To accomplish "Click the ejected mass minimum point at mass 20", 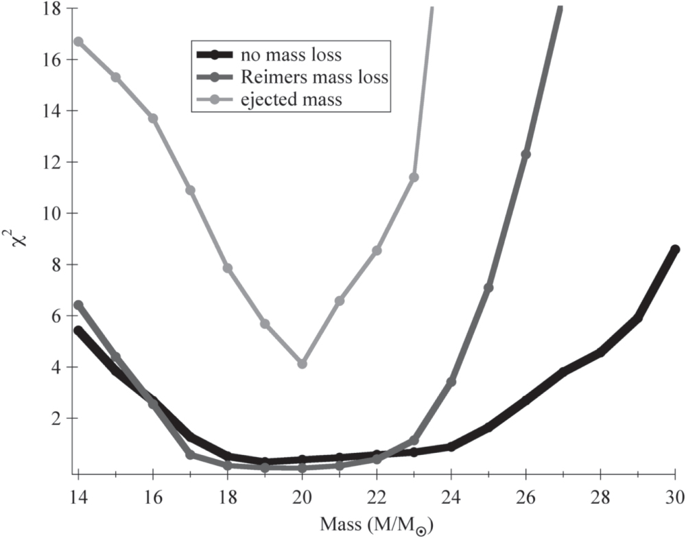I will coord(302,364).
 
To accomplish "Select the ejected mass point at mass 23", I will coord(414,177).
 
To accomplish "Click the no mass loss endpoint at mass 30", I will coord(675,249).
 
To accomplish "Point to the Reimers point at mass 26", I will coord(525,154).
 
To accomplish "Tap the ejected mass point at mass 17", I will coord(190,190).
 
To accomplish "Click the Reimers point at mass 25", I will coord(488,288).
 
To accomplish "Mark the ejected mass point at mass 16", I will coord(153,118).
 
